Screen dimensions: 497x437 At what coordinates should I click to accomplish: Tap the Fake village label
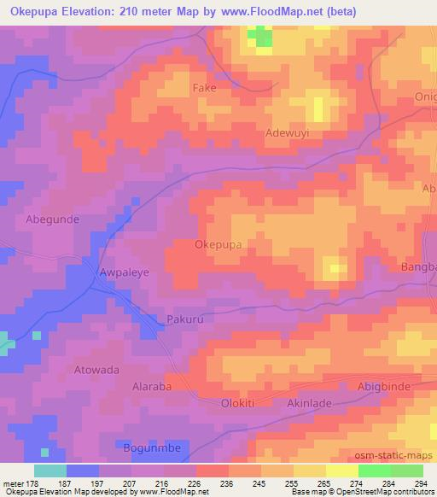[x=205, y=89]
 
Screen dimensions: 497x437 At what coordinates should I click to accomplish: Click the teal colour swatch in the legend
[x=50, y=471]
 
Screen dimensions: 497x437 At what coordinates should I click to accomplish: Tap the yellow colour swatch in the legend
[x=341, y=471]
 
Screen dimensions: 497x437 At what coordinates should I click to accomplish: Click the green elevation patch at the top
[x=261, y=38]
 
